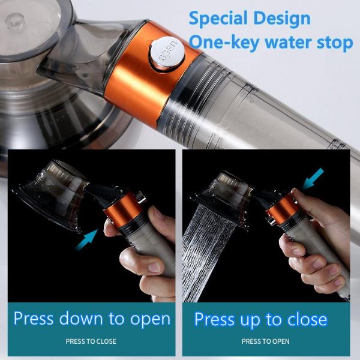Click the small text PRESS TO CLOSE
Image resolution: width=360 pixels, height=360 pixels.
click(91, 341)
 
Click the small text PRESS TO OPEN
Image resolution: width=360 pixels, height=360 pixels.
click(265, 341)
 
